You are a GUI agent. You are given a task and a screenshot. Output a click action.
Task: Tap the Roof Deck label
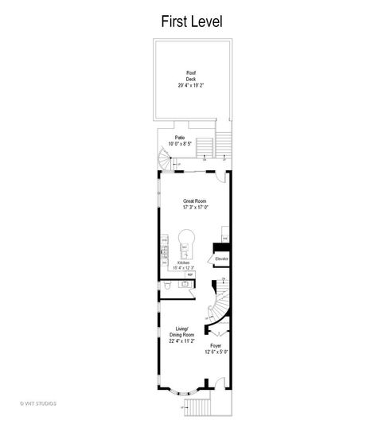(x=191, y=73)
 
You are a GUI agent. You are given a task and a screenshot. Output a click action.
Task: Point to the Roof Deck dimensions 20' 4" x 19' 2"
(x=191, y=85)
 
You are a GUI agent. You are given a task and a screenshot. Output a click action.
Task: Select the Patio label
(x=181, y=138)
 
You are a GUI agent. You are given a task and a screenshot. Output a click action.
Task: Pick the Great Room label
(x=190, y=201)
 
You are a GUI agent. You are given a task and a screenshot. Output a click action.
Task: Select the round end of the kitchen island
(x=188, y=236)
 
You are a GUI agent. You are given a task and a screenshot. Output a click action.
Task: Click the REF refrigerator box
(x=189, y=274)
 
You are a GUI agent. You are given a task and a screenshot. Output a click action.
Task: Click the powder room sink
(x=185, y=283)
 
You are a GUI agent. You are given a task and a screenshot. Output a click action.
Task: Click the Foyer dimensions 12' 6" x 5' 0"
(x=216, y=352)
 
